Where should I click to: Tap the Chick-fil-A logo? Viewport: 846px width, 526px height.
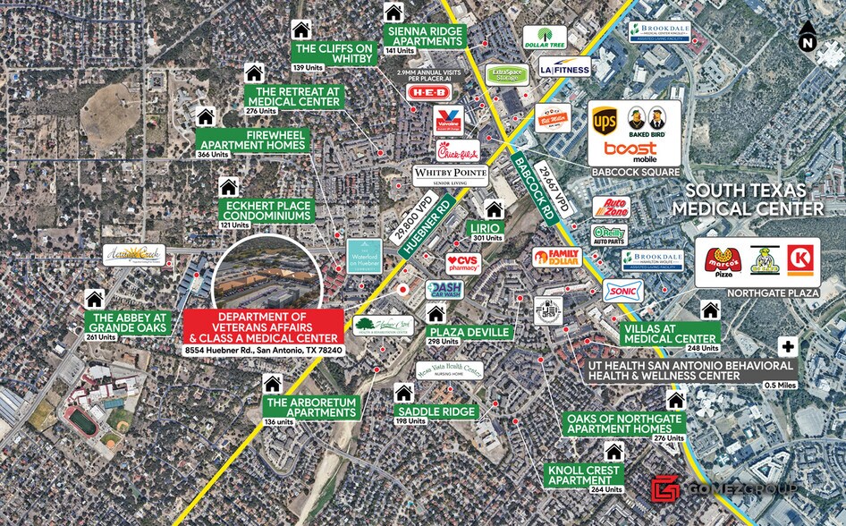pyautogui.click(x=457, y=151)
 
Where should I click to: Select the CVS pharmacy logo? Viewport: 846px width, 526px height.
pyautogui.click(x=463, y=263)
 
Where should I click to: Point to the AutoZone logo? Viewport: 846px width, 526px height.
pyautogui.click(x=613, y=208)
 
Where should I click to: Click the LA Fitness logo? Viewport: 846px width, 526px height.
pyautogui.click(x=565, y=67)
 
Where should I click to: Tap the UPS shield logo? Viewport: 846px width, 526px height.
pyautogui.click(x=605, y=121)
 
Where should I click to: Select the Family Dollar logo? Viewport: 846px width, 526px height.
pyautogui.click(x=556, y=258)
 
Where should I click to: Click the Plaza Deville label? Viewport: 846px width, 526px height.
pyautogui.click(x=470, y=332)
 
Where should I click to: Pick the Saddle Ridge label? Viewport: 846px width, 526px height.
pyautogui.click(x=437, y=411)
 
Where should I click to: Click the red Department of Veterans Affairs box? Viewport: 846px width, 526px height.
pyautogui.click(x=263, y=327)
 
